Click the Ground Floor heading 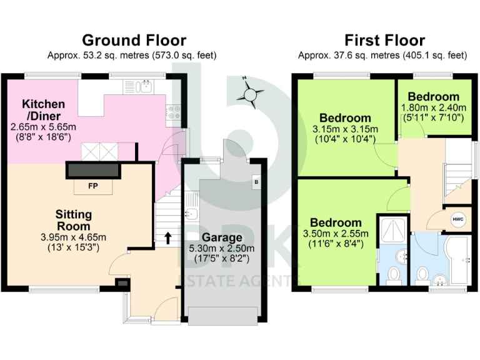(x=134, y=41)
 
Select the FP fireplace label (x=92, y=186)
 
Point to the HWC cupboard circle (x=457, y=219)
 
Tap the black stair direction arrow (x=167, y=237)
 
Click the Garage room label (x=222, y=237)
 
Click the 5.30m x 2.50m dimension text (x=222, y=249)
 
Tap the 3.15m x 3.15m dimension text (x=346, y=129)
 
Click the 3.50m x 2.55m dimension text (x=336, y=234)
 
